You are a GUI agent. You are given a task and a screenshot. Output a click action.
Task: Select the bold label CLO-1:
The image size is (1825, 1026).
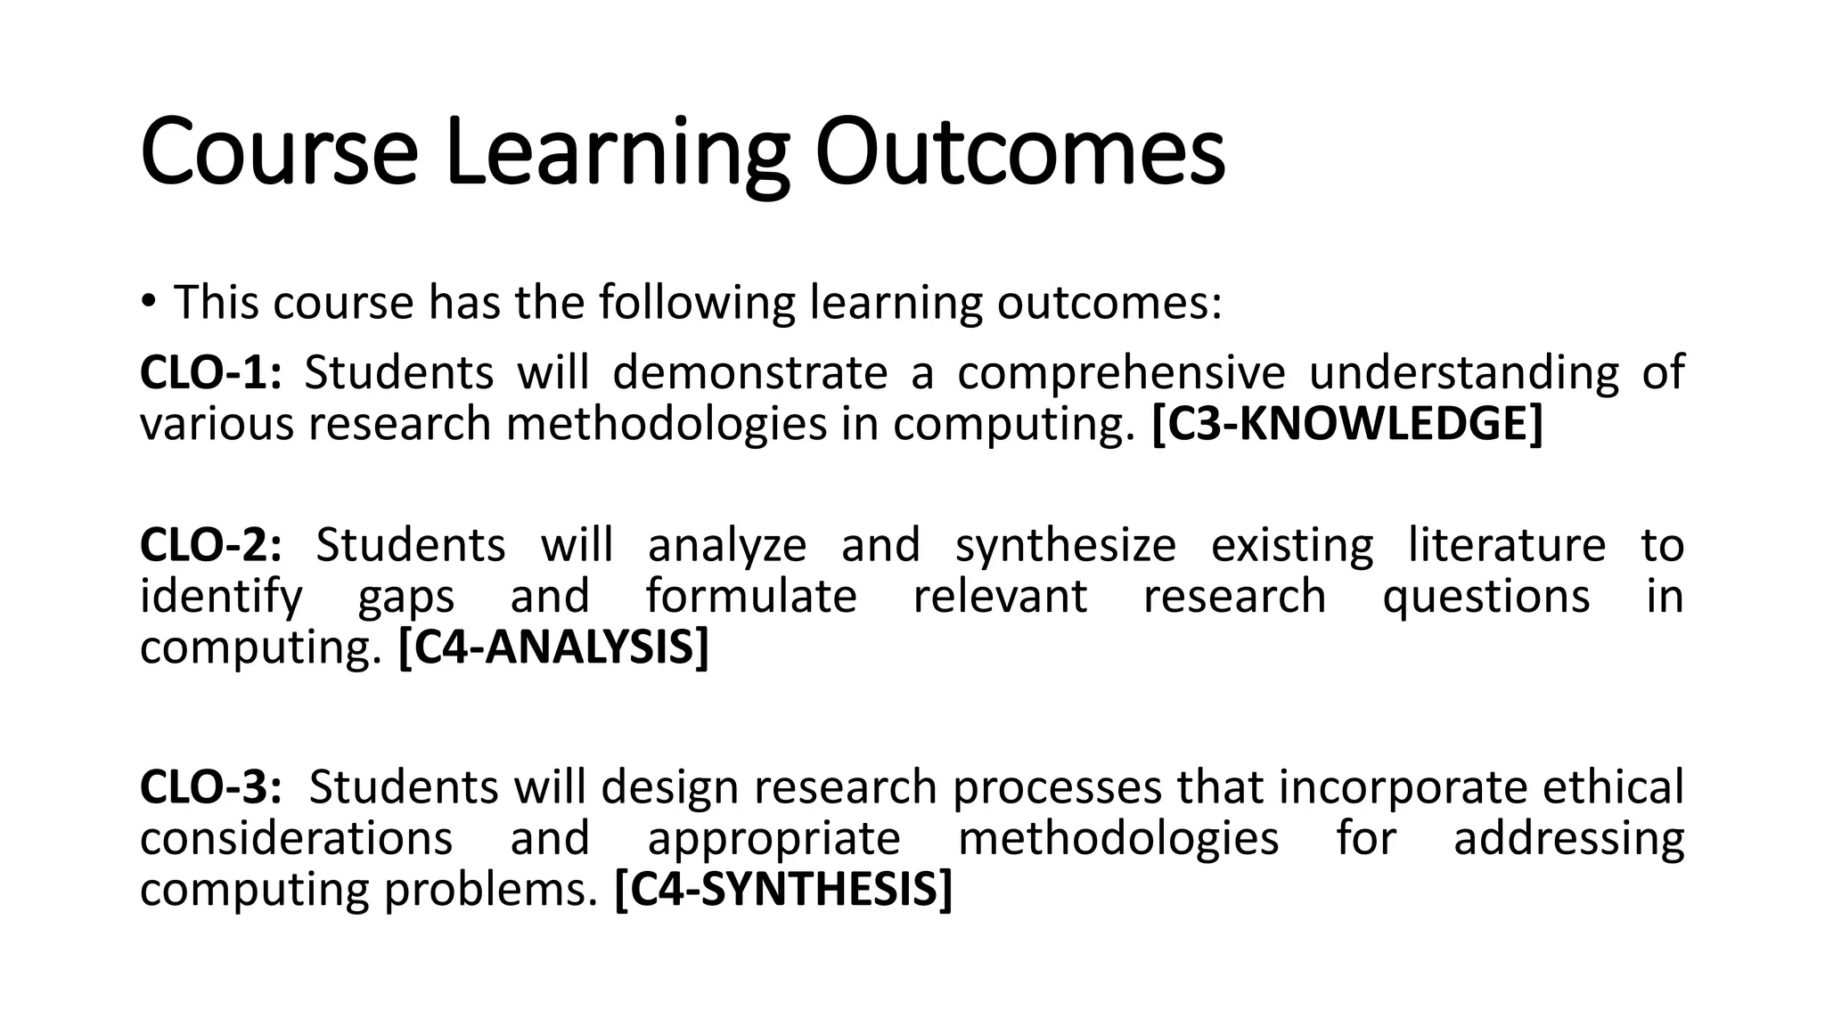coord(210,371)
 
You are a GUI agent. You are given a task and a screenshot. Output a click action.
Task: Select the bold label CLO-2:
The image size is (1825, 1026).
coord(210,544)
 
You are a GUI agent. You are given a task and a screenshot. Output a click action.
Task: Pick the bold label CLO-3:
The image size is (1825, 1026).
coord(210,786)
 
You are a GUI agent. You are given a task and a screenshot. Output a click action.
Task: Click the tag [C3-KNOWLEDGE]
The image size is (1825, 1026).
coord(1346,423)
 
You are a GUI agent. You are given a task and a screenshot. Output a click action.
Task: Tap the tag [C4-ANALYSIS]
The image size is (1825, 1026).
coord(553,647)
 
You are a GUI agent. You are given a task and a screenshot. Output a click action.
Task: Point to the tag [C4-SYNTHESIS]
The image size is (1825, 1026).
coord(783,889)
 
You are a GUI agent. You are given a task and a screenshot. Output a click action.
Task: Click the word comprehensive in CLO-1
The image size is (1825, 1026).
coord(1121,371)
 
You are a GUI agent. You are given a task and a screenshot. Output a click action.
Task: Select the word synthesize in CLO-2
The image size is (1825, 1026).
coord(1065,544)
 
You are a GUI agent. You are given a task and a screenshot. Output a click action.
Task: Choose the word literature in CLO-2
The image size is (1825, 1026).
coord(1507,544)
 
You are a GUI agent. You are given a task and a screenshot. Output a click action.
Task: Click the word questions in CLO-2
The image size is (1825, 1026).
coord(1485,596)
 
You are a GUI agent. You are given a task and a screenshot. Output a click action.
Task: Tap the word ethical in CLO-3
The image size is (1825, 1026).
coord(1613,786)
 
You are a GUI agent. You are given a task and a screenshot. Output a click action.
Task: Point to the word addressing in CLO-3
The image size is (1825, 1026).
coord(1568,838)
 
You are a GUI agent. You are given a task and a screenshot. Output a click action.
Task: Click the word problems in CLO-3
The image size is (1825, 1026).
coord(490,889)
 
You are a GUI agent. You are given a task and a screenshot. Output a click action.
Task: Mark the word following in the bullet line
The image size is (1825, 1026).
coord(696,302)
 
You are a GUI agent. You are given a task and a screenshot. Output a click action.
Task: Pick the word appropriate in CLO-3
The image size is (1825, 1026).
coord(773,838)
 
